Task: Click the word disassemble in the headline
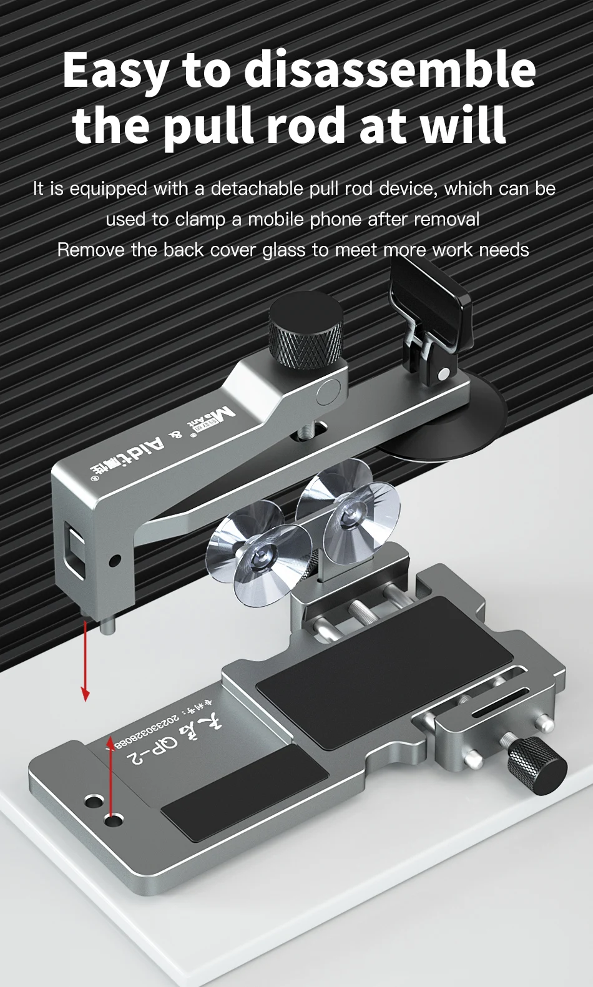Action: [x=390, y=70]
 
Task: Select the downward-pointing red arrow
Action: [x=86, y=662]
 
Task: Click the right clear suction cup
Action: [x=347, y=512]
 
